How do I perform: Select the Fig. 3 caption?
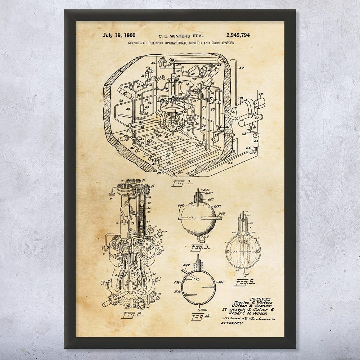coord(199,247)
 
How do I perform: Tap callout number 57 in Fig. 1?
coord(241,68)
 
